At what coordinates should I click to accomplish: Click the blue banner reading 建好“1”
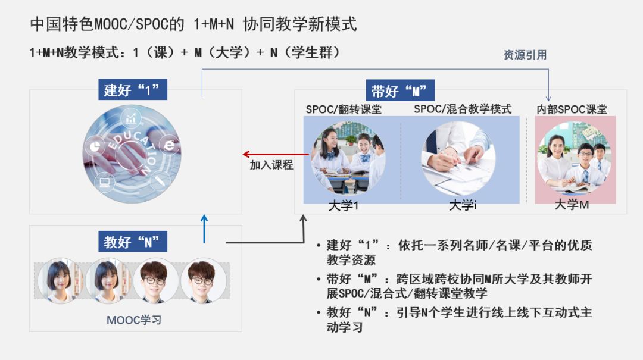[132, 90]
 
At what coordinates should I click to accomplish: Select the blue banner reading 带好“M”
[399, 91]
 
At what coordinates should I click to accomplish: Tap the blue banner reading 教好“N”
[132, 242]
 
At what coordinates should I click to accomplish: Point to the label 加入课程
[271, 166]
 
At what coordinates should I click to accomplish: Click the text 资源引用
[525, 55]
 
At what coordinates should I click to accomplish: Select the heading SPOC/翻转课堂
[344, 109]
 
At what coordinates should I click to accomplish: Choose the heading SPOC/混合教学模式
[463, 109]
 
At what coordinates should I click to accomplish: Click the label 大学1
[344, 206]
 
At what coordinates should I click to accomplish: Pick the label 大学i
[463, 206]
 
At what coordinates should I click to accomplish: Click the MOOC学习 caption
[134, 320]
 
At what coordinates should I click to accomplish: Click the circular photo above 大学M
[574, 158]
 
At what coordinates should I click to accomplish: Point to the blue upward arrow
[204, 229]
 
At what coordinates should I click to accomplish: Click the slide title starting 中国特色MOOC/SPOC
[193, 24]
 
